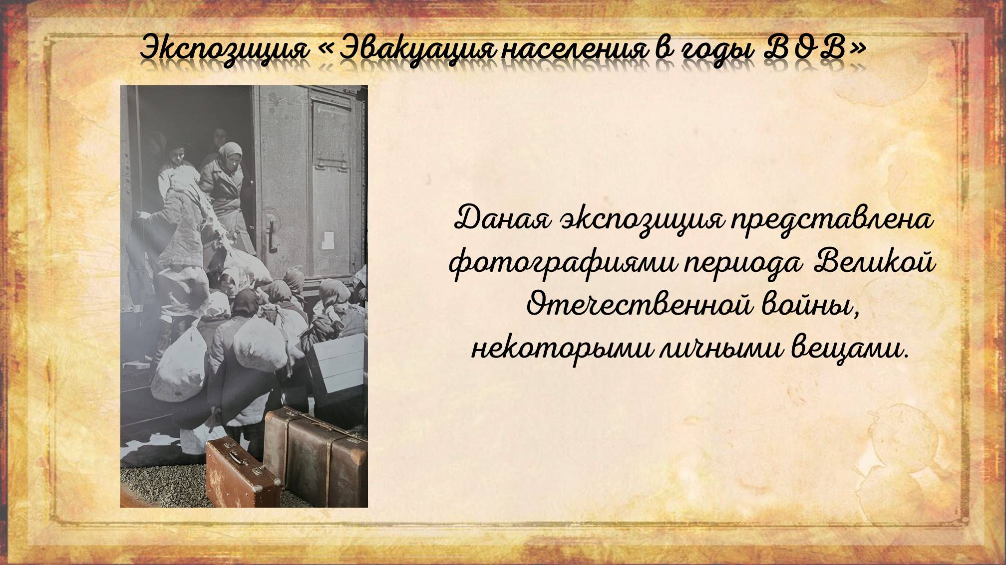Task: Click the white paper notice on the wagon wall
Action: point(328,240)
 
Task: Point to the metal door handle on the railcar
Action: point(271,234)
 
